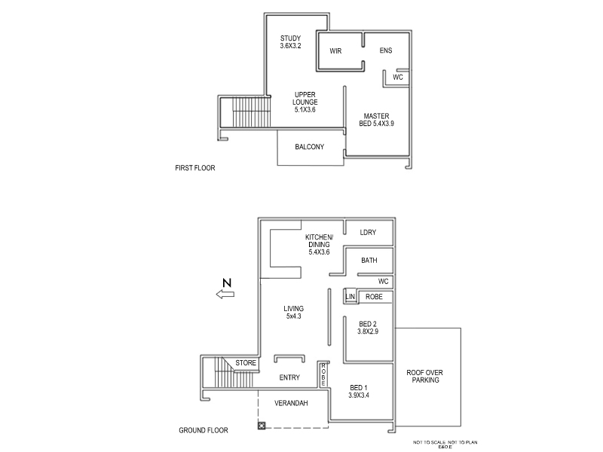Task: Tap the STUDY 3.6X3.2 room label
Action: click(291, 41)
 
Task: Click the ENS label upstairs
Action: click(386, 50)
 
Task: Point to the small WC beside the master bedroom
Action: click(398, 77)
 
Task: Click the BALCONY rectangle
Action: click(310, 147)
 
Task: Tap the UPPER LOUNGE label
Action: click(306, 102)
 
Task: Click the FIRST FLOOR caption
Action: click(194, 168)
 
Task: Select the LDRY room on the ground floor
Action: click(368, 233)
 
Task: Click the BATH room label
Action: click(369, 261)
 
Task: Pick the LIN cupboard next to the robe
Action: click(350, 297)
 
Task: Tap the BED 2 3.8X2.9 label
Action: click(367, 327)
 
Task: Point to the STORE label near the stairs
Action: click(246, 363)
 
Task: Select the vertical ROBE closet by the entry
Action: click(323, 374)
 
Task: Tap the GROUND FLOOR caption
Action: click(204, 431)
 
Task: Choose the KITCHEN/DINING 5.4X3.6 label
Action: click(320, 244)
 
